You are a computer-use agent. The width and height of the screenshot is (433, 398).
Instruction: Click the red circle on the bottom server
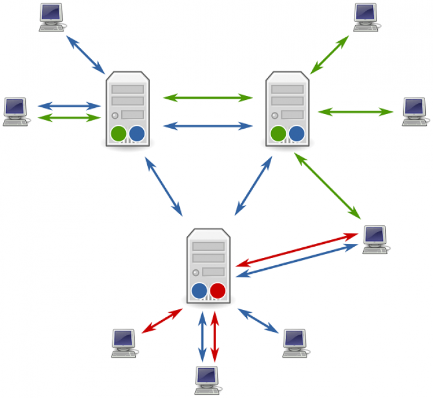(217, 291)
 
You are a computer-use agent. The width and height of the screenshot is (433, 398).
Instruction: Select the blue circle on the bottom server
(199, 291)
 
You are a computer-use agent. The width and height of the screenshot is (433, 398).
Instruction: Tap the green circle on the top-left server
(118, 134)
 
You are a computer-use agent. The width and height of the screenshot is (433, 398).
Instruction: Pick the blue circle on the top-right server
(296, 134)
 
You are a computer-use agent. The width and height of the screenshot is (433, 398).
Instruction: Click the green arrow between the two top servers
(207, 98)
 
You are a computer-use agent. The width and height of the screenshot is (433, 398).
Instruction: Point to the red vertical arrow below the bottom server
(214, 336)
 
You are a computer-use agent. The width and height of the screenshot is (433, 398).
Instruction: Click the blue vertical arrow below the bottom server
(202, 336)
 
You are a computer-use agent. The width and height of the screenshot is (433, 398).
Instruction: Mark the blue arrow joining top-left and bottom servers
(164, 186)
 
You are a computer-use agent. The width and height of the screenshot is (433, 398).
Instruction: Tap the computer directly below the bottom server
(207, 379)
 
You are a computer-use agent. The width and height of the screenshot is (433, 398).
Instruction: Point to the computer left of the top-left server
(15, 111)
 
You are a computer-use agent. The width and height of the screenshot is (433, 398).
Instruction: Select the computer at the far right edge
(415, 111)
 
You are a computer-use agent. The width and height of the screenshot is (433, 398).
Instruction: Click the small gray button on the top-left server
(116, 115)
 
